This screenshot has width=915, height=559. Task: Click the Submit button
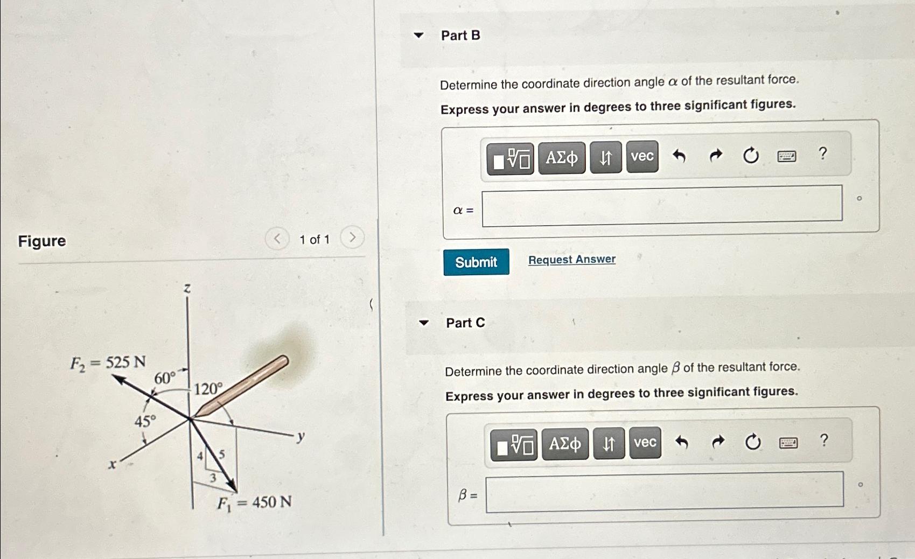pyautogui.click(x=476, y=262)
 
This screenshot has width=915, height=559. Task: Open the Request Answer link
pyautogui.click(x=572, y=259)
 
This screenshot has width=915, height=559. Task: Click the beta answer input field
pyautogui.click(x=665, y=492)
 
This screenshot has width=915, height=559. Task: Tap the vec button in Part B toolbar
pyautogui.click(x=642, y=156)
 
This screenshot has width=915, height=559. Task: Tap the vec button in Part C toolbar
pyautogui.click(x=645, y=443)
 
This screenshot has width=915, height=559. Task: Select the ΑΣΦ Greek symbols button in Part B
pyautogui.click(x=562, y=158)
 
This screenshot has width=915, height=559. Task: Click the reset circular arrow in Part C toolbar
pyautogui.click(x=753, y=442)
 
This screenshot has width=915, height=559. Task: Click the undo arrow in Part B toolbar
pyautogui.click(x=679, y=156)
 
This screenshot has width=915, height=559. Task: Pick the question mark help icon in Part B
pyautogui.click(x=823, y=153)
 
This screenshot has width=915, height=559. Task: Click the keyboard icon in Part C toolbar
pyautogui.click(x=788, y=443)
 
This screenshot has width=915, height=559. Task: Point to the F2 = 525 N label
pyautogui.click(x=108, y=362)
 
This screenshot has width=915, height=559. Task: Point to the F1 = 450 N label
pyautogui.click(x=254, y=502)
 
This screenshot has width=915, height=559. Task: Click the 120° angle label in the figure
pyautogui.click(x=208, y=388)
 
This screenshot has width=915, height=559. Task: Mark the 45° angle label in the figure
pyautogui.click(x=145, y=421)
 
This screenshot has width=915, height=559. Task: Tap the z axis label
pyautogui.click(x=187, y=288)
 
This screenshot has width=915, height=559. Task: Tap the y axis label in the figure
pyautogui.click(x=301, y=437)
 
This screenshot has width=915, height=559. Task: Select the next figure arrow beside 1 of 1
pyautogui.click(x=352, y=237)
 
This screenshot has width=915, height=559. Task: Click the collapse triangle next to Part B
pyautogui.click(x=418, y=35)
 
